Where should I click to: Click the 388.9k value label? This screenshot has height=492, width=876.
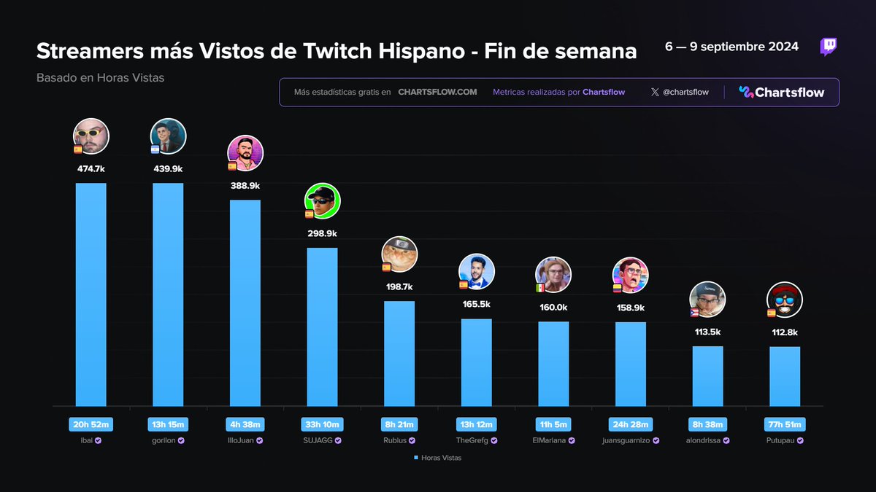pyautogui.click(x=245, y=186)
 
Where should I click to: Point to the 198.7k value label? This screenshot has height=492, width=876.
pyautogui.click(x=399, y=286)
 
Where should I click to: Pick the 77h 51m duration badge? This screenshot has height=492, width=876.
pyautogui.click(x=785, y=424)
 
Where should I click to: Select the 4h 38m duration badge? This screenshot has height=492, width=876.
pyautogui.click(x=245, y=424)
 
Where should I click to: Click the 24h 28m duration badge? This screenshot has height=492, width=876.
pyautogui.click(x=631, y=424)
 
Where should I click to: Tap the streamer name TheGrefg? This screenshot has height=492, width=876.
pyautogui.click(x=476, y=440)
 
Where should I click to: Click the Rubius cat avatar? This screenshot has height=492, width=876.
pyautogui.click(x=400, y=254)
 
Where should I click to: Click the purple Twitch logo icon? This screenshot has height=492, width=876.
pyautogui.click(x=829, y=47)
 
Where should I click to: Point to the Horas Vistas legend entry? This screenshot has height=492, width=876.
pyautogui.click(x=438, y=458)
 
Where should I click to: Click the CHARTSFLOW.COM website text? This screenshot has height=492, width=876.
pyautogui.click(x=437, y=93)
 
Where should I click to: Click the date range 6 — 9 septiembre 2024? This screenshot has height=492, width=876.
pyautogui.click(x=731, y=47)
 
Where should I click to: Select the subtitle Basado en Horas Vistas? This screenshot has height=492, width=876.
pyautogui.click(x=100, y=77)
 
